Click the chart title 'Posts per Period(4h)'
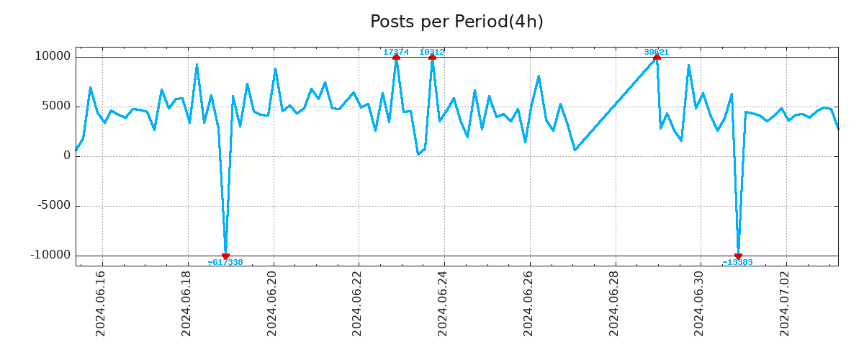456,22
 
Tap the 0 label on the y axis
67,156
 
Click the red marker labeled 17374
396,57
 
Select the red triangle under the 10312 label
432,57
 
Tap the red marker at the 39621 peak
657,57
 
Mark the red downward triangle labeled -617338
225,256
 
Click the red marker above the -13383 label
738,256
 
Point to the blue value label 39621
657,52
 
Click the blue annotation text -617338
225,263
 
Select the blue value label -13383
738,263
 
